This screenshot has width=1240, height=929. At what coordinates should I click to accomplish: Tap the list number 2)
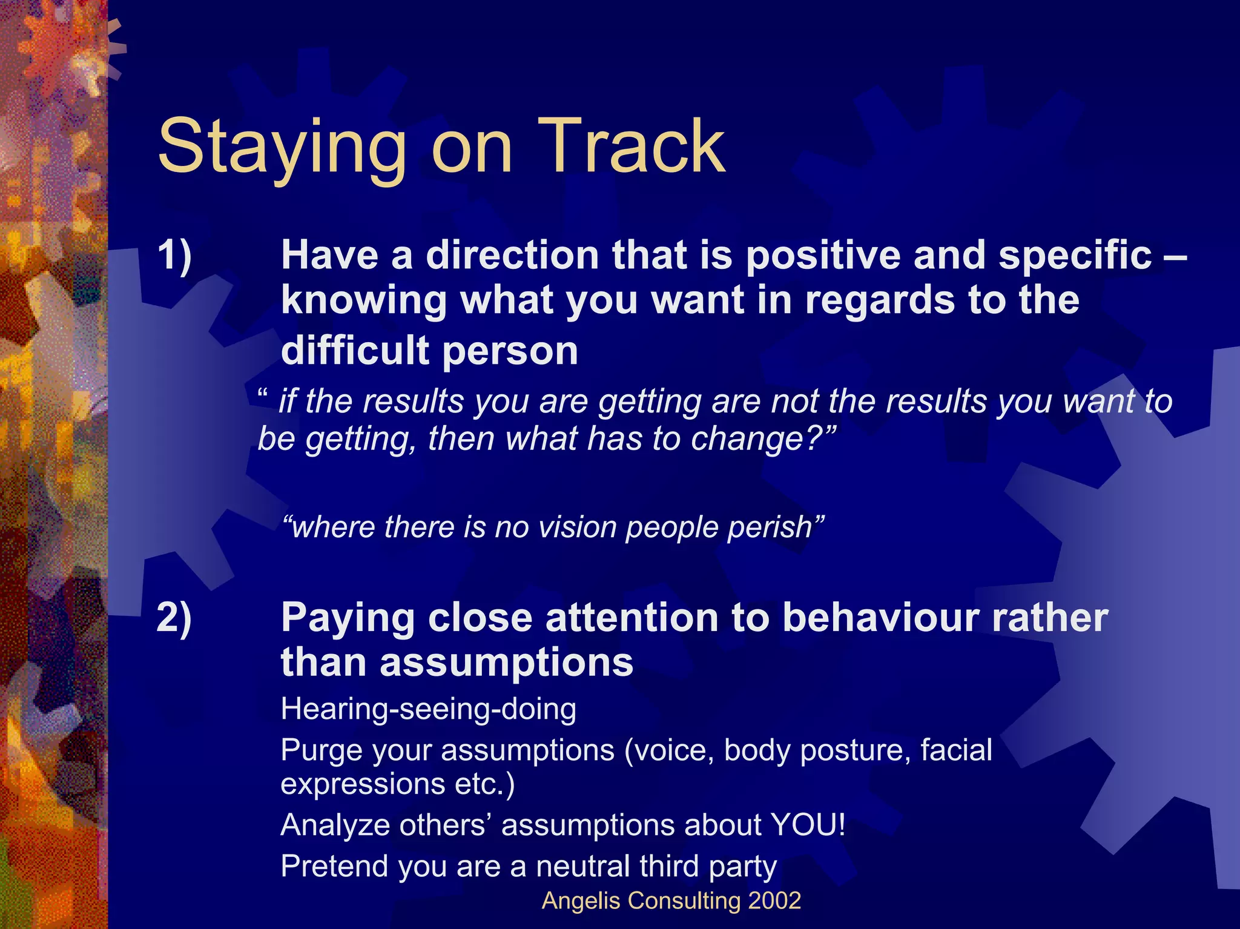coord(174,618)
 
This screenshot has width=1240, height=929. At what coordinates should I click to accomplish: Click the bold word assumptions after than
coord(506,663)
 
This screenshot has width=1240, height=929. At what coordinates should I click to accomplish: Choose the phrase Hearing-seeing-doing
coord(428,709)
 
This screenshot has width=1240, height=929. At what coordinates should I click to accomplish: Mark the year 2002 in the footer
coord(774,901)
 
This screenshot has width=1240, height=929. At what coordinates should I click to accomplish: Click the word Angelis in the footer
coord(581,901)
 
